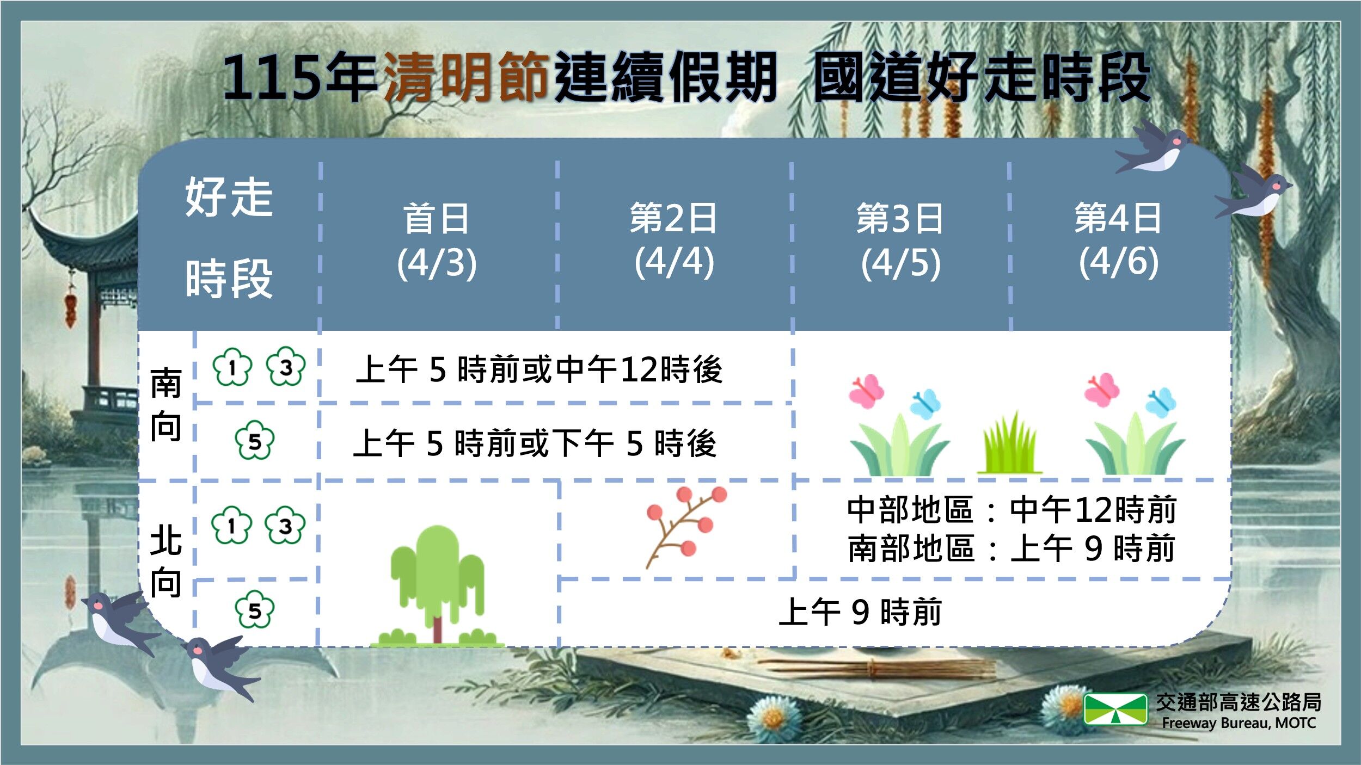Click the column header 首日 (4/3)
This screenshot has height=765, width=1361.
pos(437,240)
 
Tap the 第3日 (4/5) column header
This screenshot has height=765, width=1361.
pos(900,240)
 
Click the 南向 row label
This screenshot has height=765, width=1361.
pos(165,404)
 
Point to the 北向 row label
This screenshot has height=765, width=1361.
pos(165,561)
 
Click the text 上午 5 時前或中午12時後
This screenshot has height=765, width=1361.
pos(539,369)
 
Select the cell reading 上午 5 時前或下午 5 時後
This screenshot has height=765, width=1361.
pos(535,443)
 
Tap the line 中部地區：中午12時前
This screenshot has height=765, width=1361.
pos(1011,510)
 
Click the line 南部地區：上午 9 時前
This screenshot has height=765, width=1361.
pos(1011,548)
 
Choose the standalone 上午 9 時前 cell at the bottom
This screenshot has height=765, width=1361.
pos(860,612)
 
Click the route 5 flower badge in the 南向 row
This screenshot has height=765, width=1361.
pos(254,440)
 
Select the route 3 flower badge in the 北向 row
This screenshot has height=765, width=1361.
pos(285,525)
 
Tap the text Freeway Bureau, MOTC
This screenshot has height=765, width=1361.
pos(1239,723)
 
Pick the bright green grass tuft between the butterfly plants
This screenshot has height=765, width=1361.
pos(1010,445)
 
